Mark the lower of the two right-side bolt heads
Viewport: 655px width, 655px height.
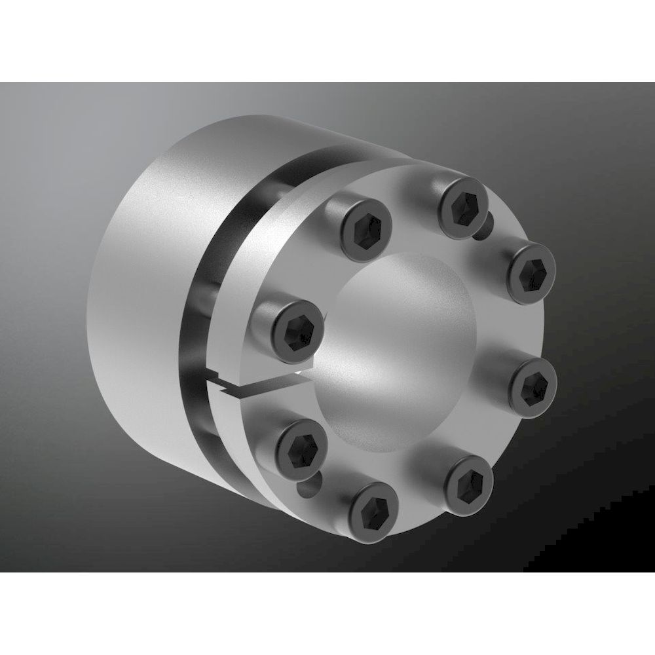tap(533, 381)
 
